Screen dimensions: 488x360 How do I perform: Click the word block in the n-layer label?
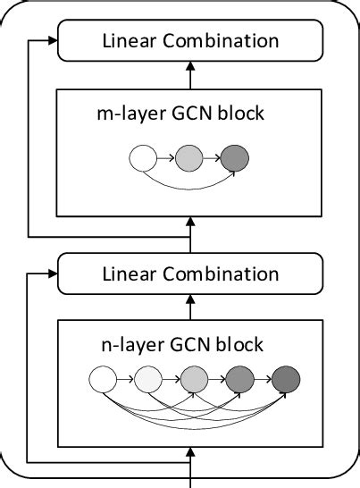(x=241, y=344)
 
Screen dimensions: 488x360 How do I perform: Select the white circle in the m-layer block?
(x=143, y=159)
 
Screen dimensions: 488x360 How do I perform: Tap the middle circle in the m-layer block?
(x=189, y=159)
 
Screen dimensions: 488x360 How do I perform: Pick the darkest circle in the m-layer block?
(x=234, y=159)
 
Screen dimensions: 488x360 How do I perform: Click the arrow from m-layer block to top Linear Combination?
(x=189, y=74)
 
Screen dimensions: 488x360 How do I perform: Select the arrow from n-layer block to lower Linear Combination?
(x=189, y=307)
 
